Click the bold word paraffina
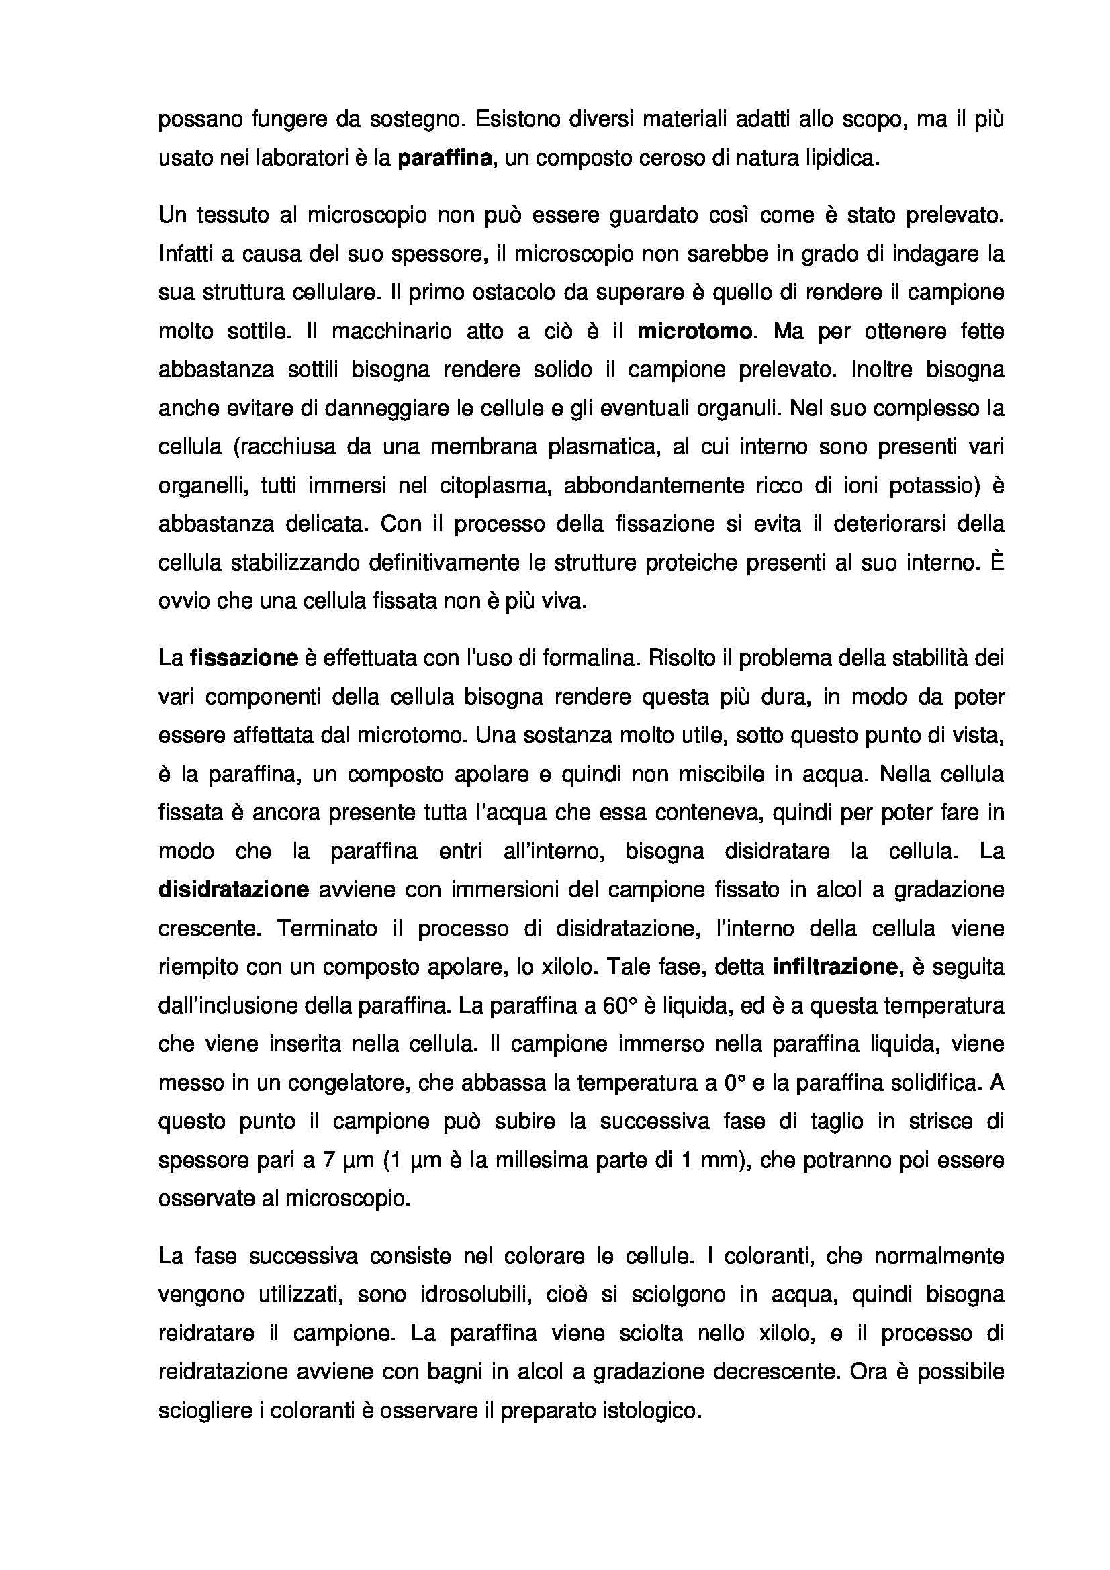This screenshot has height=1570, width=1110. tap(445, 158)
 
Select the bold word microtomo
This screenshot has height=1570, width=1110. tap(694, 332)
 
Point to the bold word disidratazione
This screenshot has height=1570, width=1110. tap(234, 889)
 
